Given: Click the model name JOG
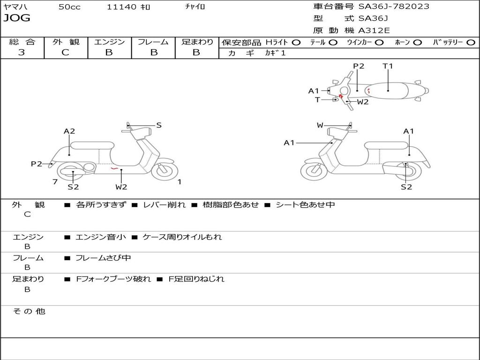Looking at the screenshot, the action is point(16,19).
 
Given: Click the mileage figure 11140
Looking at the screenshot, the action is point(122,7).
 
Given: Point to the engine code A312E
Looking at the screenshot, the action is point(374,31).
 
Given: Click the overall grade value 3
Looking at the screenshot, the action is point(22,52).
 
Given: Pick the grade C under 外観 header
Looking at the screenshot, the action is point(65,52).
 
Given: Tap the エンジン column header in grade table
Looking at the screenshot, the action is point(109,42).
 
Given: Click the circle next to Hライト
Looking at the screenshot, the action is point(296,43).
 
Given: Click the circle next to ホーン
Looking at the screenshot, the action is point(418,43).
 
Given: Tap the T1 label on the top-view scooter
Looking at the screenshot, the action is point(388,66).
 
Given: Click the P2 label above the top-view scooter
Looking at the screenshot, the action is point(359,66).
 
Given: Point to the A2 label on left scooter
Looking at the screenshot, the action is point(69,131).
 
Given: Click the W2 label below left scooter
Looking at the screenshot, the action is point(121,187).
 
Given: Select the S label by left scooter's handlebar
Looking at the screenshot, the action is point(159,125).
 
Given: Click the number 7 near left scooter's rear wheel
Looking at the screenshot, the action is point(55,182).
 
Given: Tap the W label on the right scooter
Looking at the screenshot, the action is point(320,125).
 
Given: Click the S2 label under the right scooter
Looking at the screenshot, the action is point(406,187).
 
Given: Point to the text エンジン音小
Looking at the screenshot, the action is point(101,237).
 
